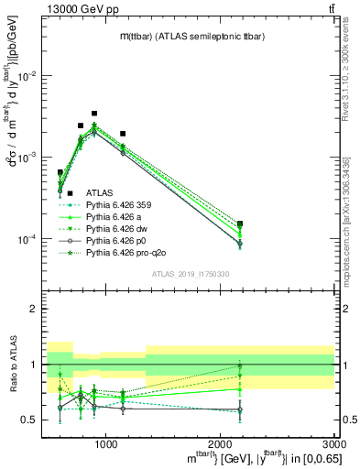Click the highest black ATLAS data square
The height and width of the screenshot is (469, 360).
pos(94,114)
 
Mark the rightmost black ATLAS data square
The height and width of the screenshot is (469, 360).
pos(240,224)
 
